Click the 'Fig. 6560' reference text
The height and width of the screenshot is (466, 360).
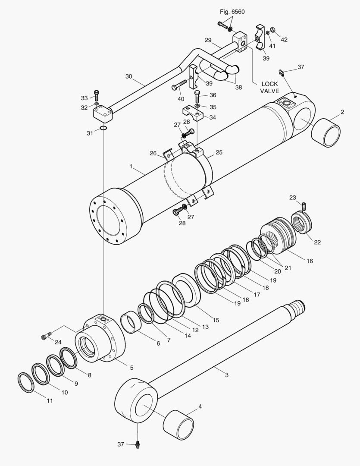pos(232,12)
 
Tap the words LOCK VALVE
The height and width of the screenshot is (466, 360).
pos(270,88)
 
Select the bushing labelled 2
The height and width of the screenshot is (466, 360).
pos(326,133)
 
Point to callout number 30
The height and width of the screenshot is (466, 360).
pos(128,76)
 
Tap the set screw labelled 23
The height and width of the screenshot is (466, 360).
pos(304,207)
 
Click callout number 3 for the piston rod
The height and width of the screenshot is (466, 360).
pos(227,375)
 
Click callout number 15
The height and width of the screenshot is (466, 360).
pos(216,320)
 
